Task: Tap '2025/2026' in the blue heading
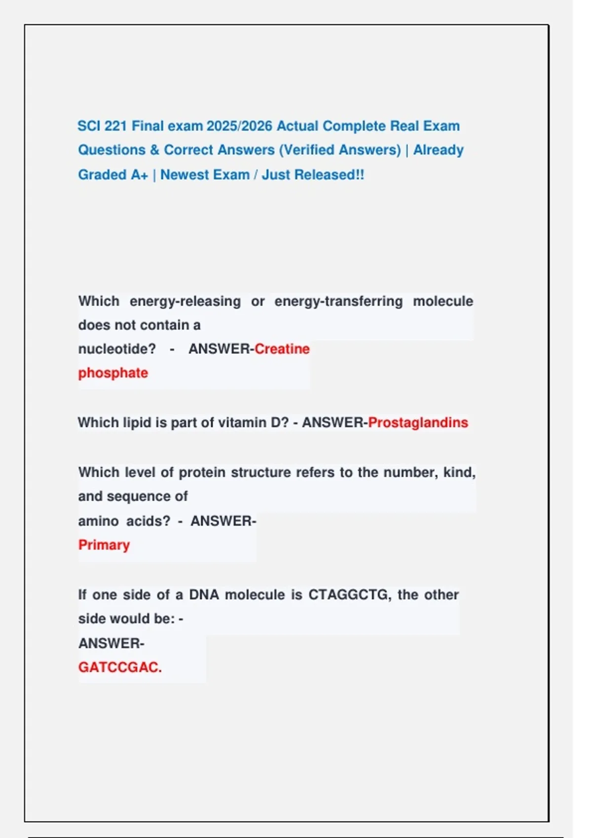(239, 126)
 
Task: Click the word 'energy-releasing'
(185, 301)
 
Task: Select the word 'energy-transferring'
(338, 301)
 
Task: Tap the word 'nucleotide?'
(117, 349)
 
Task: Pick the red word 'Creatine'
(282, 349)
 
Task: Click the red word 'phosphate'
(113, 373)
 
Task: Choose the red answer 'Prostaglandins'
(418, 423)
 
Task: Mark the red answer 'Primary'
(104, 545)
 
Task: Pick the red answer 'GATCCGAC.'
(120, 667)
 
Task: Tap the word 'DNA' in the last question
(204, 595)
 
